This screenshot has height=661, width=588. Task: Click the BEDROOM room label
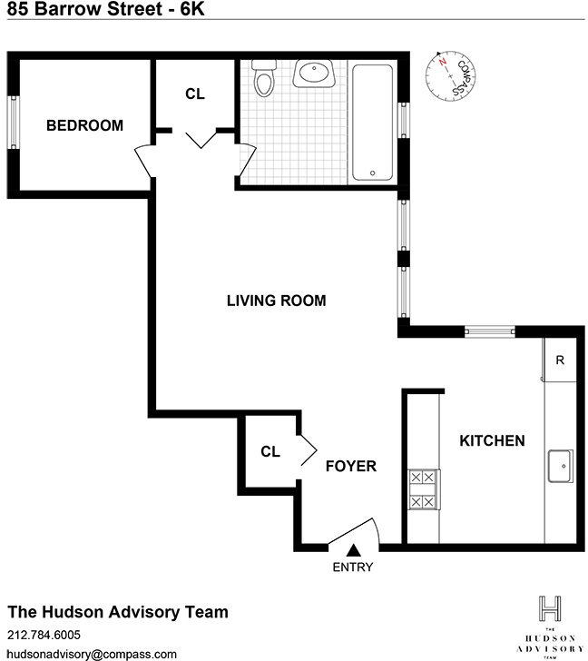click(84, 125)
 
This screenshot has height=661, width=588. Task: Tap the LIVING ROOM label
click(276, 301)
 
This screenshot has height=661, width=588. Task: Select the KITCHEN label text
click(492, 441)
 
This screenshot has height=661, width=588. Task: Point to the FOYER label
click(350, 467)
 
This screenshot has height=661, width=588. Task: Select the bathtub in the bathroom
click(373, 123)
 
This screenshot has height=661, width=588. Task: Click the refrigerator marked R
click(560, 360)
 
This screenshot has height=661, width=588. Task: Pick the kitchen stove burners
click(423, 488)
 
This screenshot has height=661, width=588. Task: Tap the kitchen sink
click(561, 467)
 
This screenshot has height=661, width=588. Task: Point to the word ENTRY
click(352, 568)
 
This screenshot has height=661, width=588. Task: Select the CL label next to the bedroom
click(194, 94)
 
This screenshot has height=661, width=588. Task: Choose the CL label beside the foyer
click(269, 451)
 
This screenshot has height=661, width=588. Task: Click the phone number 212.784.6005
click(44, 635)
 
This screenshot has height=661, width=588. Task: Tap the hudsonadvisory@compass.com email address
click(79, 653)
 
